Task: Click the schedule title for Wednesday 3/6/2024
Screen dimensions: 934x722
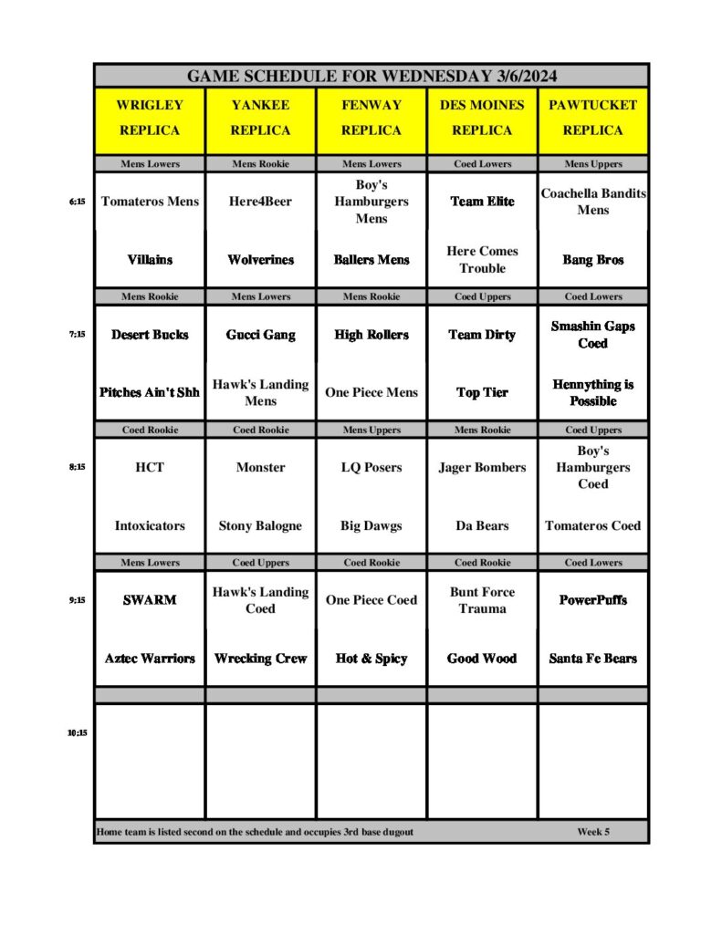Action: pyautogui.click(x=371, y=76)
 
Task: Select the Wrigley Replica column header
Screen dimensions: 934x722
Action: pyautogui.click(x=150, y=118)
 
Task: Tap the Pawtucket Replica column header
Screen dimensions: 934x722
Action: pyautogui.click(x=592, y=118)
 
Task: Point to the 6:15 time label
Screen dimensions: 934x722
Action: pyautogui.click(x=77, y=202)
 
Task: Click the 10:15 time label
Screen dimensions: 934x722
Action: pyautogui.click(x=77, y=732)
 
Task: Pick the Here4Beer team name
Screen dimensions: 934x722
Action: pyautogui.click(x=260, y=202)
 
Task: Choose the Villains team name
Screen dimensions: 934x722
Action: pyautogui.click(x=150, y=260)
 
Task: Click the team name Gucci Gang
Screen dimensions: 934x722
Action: pyautogui.click(x=260, y=335)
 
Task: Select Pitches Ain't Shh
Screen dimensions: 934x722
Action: pyautogui.click(x=150, y=392)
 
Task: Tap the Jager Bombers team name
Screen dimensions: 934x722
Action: pyautogui.click(x=482, y=467)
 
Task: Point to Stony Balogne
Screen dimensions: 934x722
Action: pyautogui.click(x=260, y=525)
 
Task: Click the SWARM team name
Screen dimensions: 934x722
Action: pyautogui.click(x=150, y=600)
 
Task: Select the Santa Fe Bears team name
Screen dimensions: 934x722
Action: pyautogui.click(x=592, y=659)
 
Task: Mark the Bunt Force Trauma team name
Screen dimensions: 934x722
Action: pyautogui.click(x=482, y=600)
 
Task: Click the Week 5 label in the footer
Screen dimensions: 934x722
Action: pyautogui.click(x=593, y=832)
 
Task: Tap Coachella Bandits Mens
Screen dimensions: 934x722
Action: pyautogui.click(x=592, y=202)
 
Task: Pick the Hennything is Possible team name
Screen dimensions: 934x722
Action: pyautogui.click(x=592, y=392)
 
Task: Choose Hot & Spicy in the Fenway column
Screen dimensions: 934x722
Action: pyautogui.click(x=371, y=659)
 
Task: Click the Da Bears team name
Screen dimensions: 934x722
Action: pyautogui.click(x=482, y=525)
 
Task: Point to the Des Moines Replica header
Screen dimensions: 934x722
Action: pyautogui.click(x=482, y=118)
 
